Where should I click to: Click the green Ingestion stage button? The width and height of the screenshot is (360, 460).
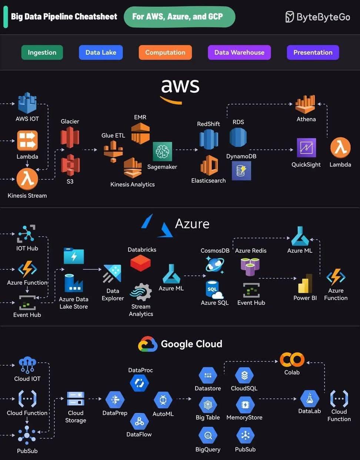tap(42, 52)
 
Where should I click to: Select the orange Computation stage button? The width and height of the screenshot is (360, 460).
tap(165, 52)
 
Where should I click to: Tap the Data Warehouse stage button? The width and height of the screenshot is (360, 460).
tap(239, 52)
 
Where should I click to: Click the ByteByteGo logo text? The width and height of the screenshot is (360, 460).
tap(323, 17)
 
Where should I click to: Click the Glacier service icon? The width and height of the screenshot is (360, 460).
tap(70, 137)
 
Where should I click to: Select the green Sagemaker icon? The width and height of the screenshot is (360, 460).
tap(163, 152)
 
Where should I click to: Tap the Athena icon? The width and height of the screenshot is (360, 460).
tap(305, 104)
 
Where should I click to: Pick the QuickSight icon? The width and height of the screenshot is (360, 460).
tap(306, 148)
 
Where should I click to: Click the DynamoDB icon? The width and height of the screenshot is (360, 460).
tap(241, 171)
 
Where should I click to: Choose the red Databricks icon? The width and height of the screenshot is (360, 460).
tap(141, 263)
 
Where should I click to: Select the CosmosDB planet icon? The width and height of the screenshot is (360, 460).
tap(215, 265)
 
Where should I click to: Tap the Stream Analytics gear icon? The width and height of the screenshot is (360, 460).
tap(141, 292)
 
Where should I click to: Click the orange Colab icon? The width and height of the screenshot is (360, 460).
tap(292, 359)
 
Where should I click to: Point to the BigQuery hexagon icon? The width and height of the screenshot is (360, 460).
tap(208, 435)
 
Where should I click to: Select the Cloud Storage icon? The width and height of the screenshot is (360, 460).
tap(76, 399)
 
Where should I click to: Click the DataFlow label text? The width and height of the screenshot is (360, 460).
tap(139, 434)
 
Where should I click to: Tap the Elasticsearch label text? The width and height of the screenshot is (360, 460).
tap(209, 181)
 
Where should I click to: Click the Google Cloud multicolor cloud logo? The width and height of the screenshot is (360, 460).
tap(148, 344)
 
